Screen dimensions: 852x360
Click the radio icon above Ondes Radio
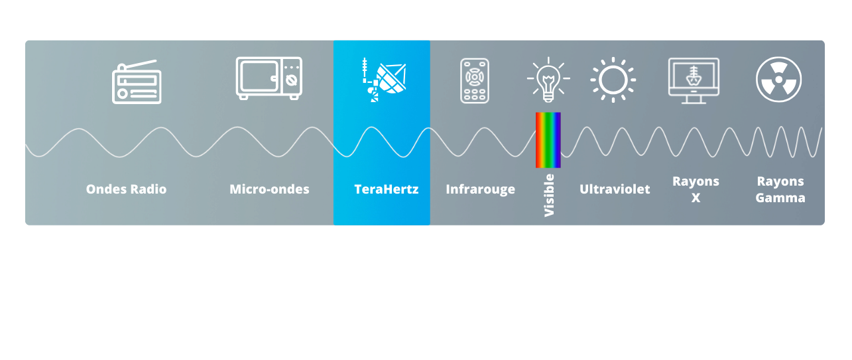pos(137,82)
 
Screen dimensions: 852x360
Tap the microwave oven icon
pos(269,78)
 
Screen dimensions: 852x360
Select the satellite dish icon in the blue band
pos(384,80)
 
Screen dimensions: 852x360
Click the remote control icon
pos(475,81)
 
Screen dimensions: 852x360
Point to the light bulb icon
pos(548,80)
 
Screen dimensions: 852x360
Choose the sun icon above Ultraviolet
pos(613,80)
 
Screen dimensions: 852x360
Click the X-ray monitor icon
pos(694,81)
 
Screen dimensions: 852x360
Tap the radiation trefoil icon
pos(778,80)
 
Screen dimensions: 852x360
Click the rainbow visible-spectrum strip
pos(548,140)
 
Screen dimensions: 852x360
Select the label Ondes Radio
pos(126,189)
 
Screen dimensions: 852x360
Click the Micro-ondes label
pos(269,189)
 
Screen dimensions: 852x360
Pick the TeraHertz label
pos(387,189)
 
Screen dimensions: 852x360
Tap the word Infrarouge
pos(481,190)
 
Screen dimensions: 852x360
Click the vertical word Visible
pos(549,196)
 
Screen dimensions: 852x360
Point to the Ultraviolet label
pos(615,189)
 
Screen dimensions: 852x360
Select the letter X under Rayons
pos(696,198)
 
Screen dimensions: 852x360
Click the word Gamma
pos(780,198)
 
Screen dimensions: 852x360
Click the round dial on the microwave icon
pos(292,81)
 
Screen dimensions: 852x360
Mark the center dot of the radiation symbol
pos(778,80)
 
